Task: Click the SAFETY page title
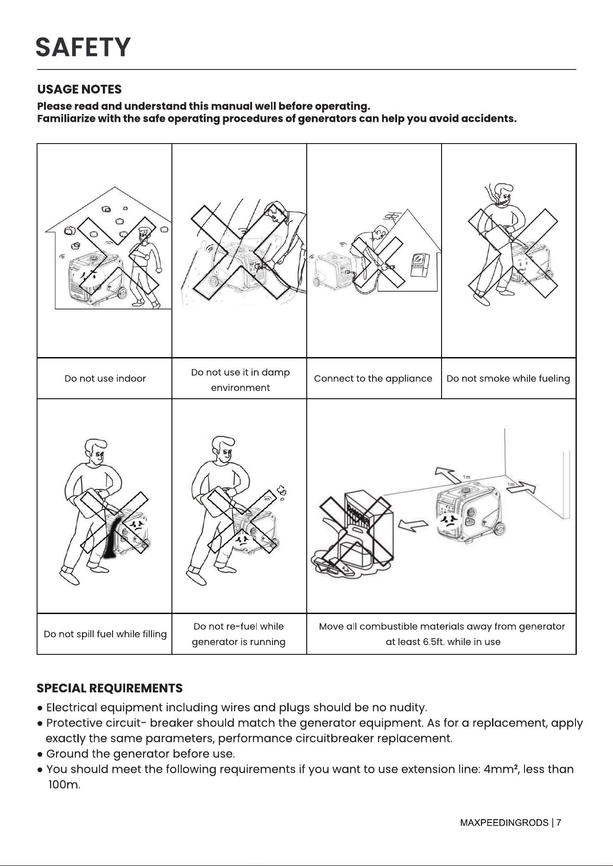[83, 48]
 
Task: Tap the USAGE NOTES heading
[79, 89]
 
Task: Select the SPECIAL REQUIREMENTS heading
[110, 688]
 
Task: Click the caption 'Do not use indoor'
[105, 379]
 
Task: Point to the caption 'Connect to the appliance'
[373, 379]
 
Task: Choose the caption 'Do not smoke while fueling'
[508, 379]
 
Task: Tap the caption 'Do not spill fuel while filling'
[105, 634]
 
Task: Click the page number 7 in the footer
[559, 822]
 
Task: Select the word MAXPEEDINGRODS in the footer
[504, 822]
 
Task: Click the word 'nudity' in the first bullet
[406, 708]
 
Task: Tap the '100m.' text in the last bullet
[64, 785]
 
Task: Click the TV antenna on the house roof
[392, 216]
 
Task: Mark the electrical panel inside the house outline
[420, 265]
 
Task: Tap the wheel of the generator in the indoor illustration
[121, 293]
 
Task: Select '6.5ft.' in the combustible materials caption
[434, 642]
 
